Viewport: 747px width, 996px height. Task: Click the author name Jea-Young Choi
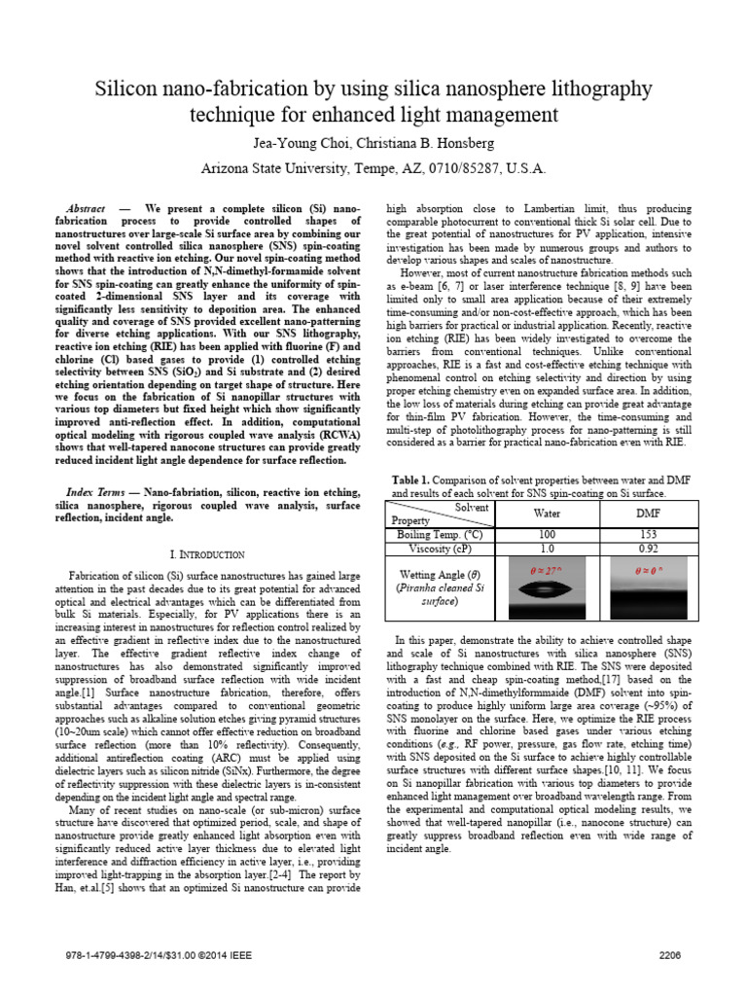point(298,144)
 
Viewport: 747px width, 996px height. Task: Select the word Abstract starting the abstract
point(86,209)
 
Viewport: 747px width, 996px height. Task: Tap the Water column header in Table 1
point(548,513)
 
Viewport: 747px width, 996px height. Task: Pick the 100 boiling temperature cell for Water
point(548,533)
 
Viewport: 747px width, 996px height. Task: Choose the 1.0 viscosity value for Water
point(548,548)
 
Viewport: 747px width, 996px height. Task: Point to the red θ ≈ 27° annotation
point(548,566)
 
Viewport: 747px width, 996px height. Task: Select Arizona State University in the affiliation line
point(274,168)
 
